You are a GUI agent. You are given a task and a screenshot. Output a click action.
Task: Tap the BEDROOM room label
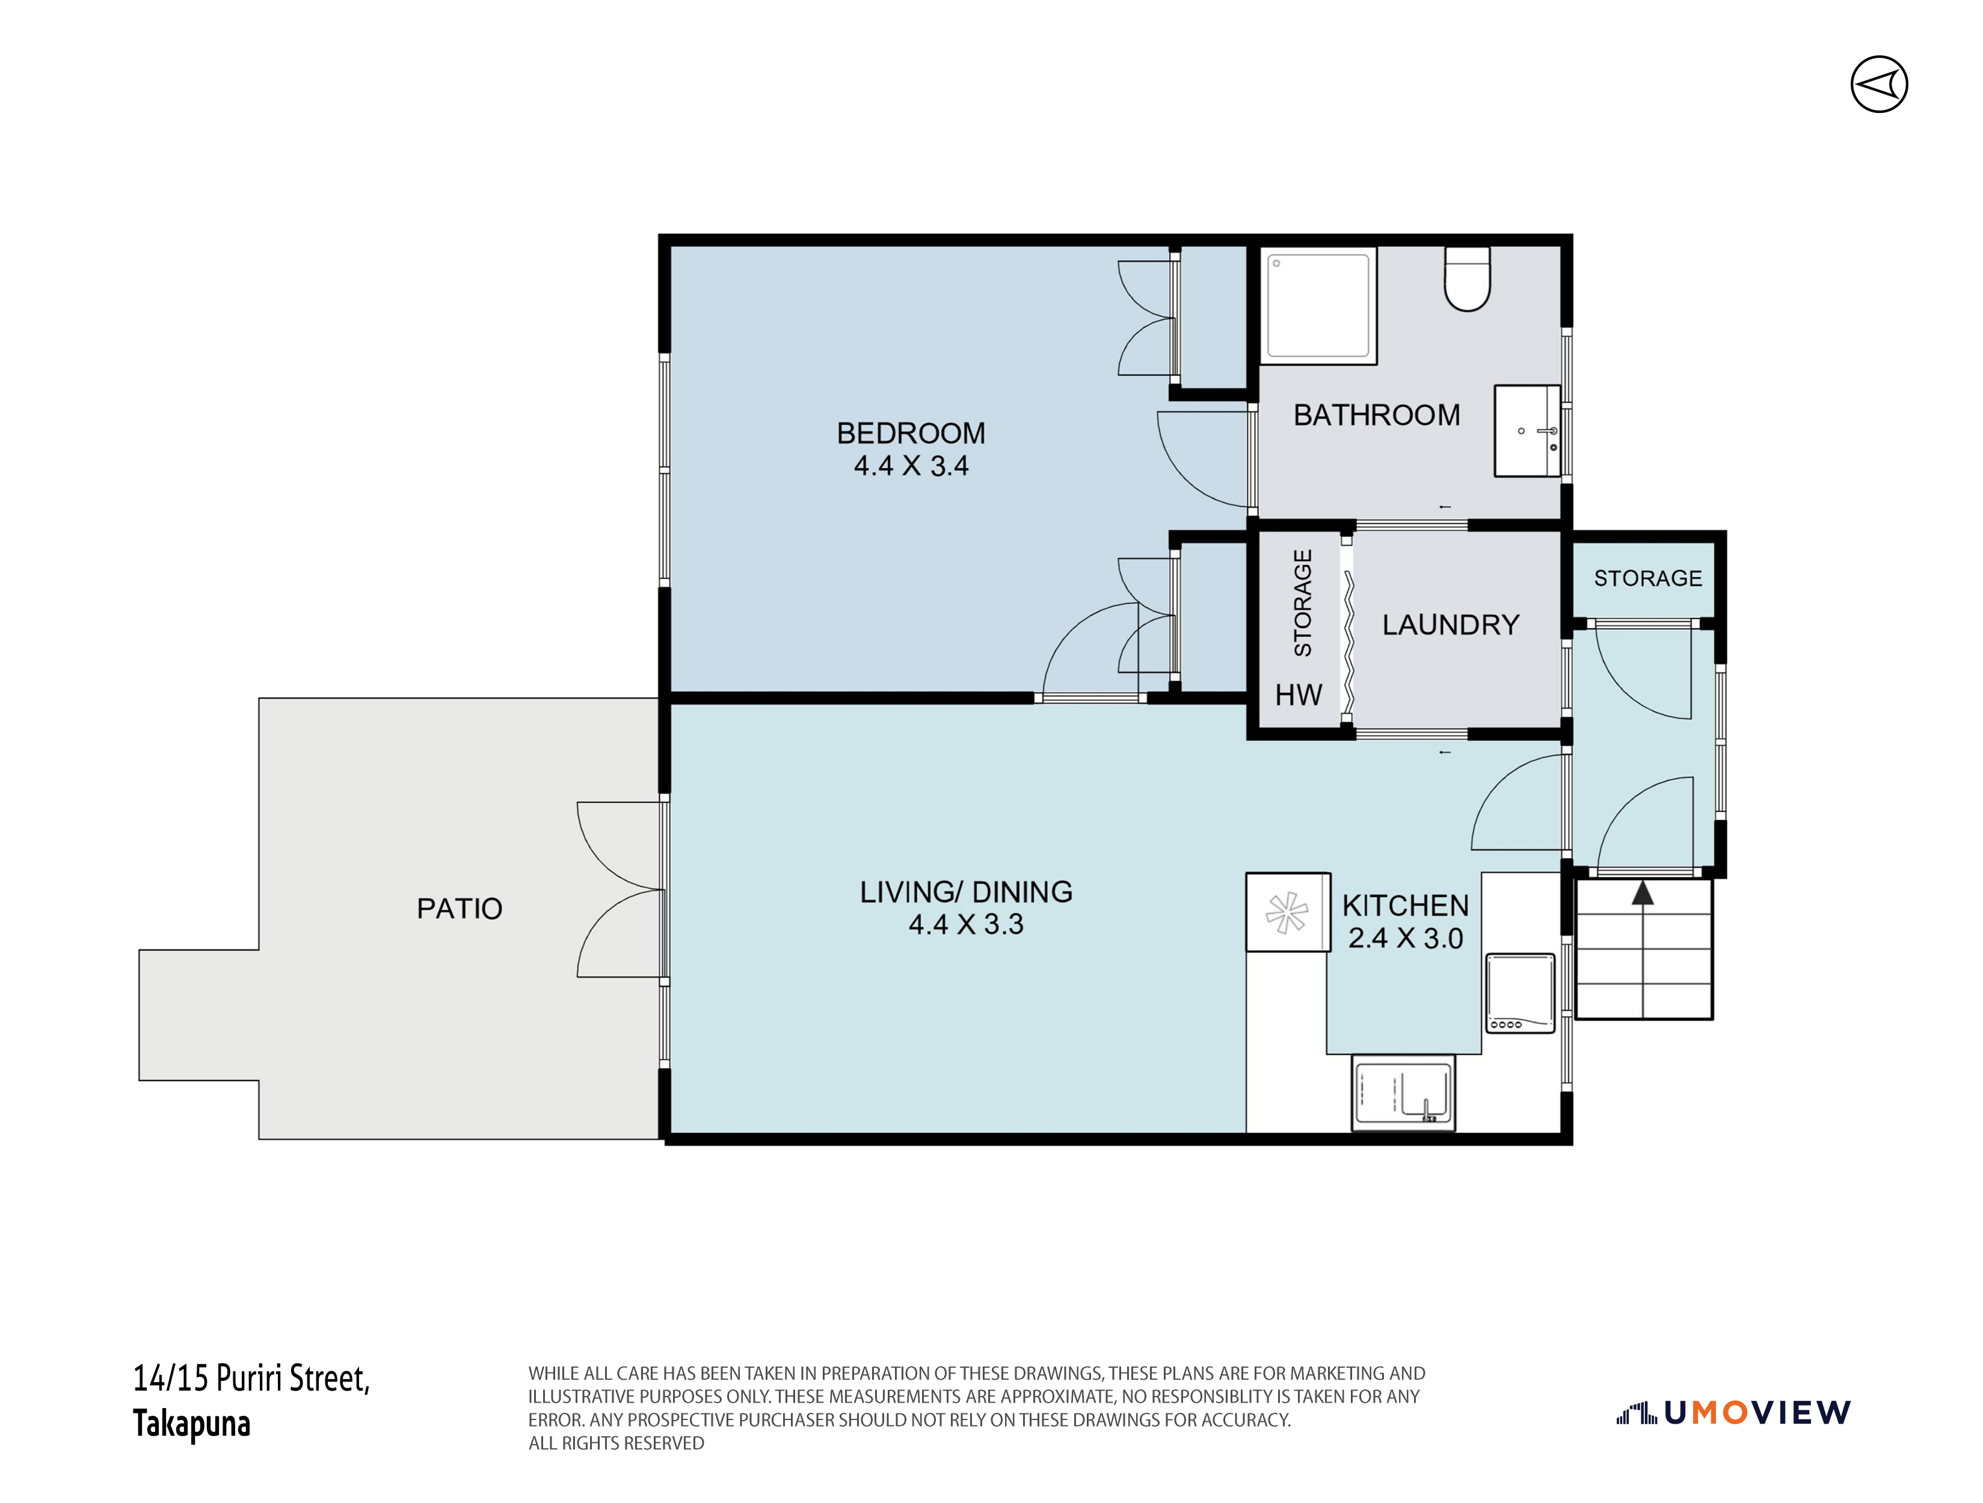[911, 434]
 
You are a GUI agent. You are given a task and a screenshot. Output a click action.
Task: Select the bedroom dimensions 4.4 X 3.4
[911, 466]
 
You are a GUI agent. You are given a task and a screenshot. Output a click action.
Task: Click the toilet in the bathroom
[1468, 280]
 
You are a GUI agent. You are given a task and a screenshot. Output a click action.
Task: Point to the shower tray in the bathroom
[1319, 305]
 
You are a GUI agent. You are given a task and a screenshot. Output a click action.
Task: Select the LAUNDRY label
[1451, 625]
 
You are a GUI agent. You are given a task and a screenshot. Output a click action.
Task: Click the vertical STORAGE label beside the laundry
[1303, 602]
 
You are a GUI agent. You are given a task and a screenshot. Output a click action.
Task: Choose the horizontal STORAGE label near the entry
[1648, 578]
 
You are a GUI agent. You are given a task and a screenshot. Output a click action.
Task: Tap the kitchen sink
[1404, 1092]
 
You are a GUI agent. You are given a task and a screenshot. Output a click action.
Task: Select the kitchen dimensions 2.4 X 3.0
[1406, 938]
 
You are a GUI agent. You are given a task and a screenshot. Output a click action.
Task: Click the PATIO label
[459, 909]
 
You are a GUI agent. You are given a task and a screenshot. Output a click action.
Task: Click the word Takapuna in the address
[192, 1423]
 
